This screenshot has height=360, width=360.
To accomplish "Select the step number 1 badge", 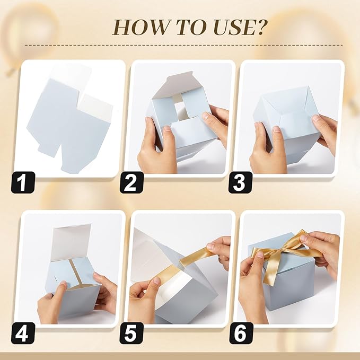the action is pos(23,182).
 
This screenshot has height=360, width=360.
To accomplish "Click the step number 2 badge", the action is pos(131,182).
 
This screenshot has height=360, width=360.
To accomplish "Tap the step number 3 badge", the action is pos(240,182).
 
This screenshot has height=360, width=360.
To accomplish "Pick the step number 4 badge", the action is pos(23,333).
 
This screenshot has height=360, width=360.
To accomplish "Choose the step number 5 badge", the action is pos(131,333).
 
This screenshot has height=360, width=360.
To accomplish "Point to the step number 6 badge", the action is pos(240,333).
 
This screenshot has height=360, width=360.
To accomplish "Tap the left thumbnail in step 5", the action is pos(157,280).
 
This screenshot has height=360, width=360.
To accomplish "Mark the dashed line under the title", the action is pos(183,45).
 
